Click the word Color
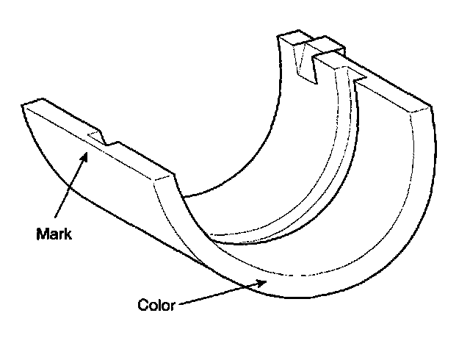coord(156,305)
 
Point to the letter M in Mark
coord(42,236)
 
